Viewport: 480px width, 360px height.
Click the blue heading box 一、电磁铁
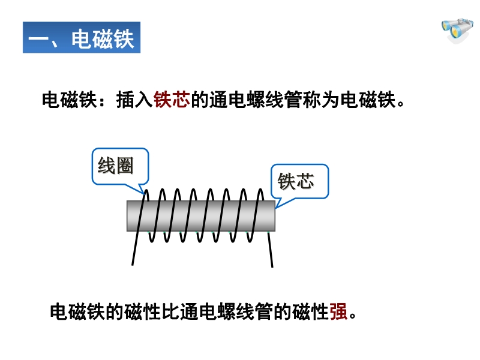coord(82,38)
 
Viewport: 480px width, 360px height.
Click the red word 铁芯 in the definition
coord(172,99)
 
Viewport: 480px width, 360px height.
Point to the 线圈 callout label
coord(116,166)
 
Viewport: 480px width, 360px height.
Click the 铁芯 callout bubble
coord(298,181)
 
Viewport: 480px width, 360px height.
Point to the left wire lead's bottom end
coord(133,263)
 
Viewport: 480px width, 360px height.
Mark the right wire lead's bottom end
coord(272,265)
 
